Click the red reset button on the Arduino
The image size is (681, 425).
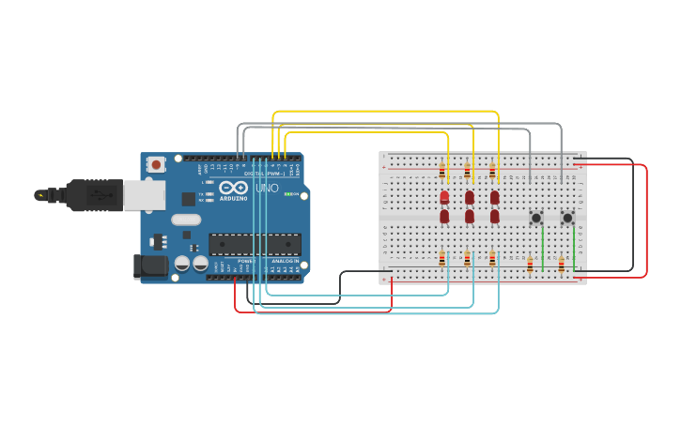tap(155, 164)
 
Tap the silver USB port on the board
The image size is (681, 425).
tap(145, 194)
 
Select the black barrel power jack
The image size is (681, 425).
tap(150, 266)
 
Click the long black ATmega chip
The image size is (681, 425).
tap(255, 245)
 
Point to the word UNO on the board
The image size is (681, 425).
tap(269, 190)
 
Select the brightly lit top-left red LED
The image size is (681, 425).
tap(444, 196)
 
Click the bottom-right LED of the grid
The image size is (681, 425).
tap(495, 217)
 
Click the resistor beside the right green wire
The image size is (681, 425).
tap(562, 266)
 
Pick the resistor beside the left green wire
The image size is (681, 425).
tap(530, 266)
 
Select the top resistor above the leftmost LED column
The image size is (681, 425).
tap(442, 171)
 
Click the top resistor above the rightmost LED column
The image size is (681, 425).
tap(492, 171)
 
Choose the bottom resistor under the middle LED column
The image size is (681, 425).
tap(467, 259)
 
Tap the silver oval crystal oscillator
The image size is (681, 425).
tap(186, 220)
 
